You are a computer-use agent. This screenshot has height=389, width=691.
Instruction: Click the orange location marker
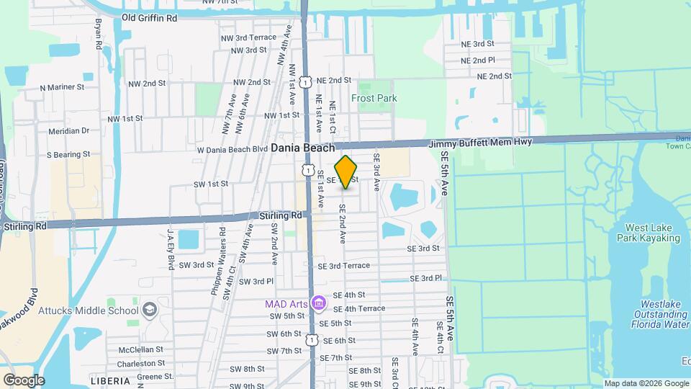pyautogui.click(x=346, y=172)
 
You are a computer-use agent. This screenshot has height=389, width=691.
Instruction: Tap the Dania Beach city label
pyautogui.click(x=303, y=148)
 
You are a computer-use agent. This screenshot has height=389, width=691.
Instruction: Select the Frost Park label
pyautogui.click(x=374, y=98)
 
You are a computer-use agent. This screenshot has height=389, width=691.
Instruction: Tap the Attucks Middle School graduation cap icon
pyautogui.click(x=150, y=310)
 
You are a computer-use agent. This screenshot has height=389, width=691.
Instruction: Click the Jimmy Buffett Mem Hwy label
pyautogui.click(x=480, y=143)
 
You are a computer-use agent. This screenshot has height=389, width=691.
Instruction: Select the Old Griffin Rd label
pyautogui.click(x=149, y=17)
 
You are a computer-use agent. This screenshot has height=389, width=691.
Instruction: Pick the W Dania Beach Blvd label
pyautogui.click(x=227, y=149)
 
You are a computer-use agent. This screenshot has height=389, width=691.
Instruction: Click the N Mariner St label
pyautogui.click(x=62, y=87)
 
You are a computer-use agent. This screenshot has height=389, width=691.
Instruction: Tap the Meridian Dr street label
pyautogui.click(x=68, y=131)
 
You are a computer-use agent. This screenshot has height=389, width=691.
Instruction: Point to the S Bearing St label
pyautogui.click(x=68, y=154)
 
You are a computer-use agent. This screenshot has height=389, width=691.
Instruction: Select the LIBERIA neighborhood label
pyautogui.click(x=110, y=380)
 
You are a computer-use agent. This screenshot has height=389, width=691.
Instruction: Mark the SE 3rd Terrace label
pyautogui.click(x=343, y=266)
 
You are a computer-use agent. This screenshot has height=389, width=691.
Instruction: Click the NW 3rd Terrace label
pyautogui.click(x=248, y=37)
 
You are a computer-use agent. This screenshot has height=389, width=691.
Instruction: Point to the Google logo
pyautogui.click(x=24, y=380)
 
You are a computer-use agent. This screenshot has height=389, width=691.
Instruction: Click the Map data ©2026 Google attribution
pyautogui.click(x=646, y=383)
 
